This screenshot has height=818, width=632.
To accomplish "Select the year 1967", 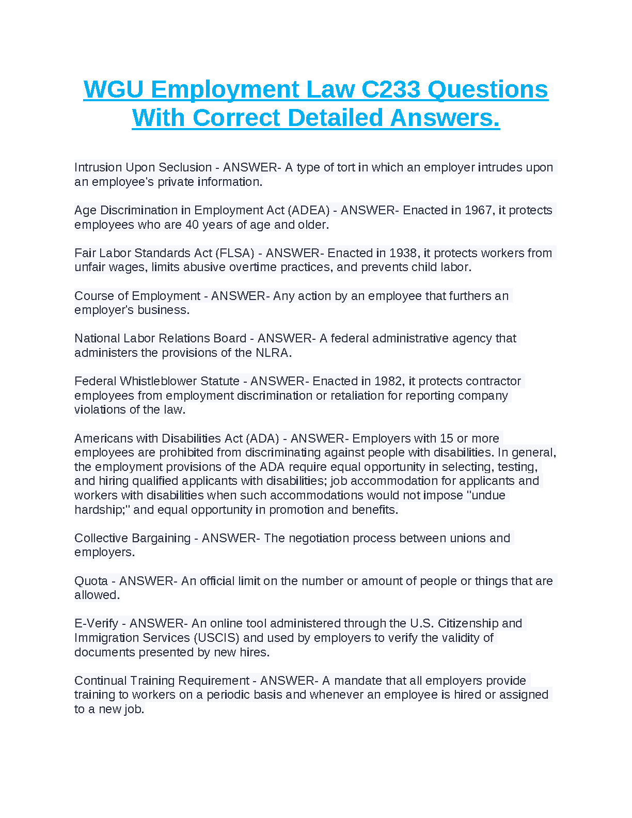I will pos(478,210).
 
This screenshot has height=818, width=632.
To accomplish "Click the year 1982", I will pos(388,381).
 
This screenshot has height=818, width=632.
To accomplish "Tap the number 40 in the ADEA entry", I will pos(192,225).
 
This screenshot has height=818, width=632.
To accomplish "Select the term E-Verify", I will pos(96,623).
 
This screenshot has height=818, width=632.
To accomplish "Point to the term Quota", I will pos(91,581).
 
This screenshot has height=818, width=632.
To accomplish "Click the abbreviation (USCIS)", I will pos(217,638).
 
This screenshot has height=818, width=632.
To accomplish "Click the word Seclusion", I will pos(185,167).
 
